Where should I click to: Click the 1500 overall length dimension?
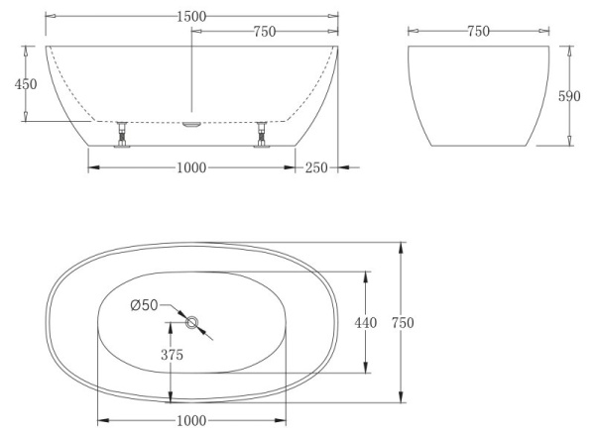pos(192,17)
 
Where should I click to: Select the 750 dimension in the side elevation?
pos(264,32)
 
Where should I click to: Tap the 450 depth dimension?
pos(25,84)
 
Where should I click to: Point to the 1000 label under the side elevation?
pos(191,167)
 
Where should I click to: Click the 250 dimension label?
pos(315,167)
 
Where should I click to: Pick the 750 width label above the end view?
pos(478,32)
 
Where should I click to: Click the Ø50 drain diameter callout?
pos(144,304)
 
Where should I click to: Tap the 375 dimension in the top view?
pos(174,355)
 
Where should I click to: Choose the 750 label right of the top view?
pos(402,322)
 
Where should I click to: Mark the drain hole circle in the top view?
pos(191,321)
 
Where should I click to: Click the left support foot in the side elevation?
pos(122,135)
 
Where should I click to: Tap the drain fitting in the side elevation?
pos(192,123)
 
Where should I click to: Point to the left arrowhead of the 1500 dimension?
pos(51,17)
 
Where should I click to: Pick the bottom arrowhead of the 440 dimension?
pos(368,370)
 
